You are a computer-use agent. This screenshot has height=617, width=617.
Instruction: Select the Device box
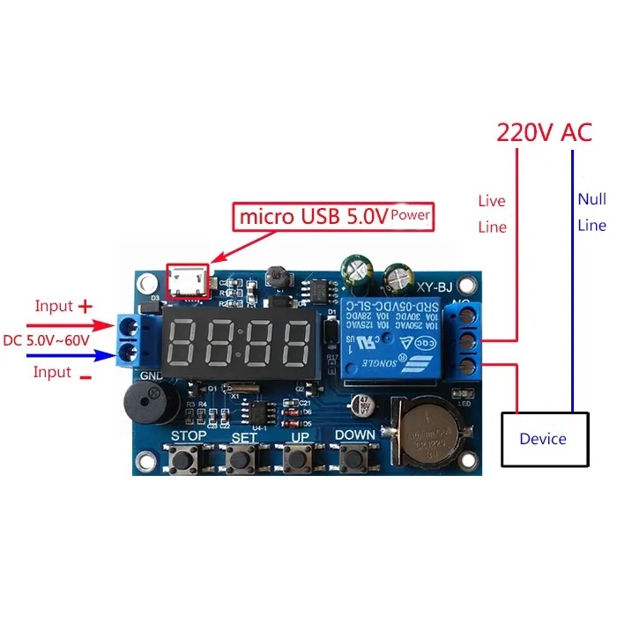pos(542,438)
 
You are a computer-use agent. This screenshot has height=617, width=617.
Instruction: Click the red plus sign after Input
pos(85,307)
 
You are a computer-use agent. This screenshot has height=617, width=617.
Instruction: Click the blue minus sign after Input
pos(85,374)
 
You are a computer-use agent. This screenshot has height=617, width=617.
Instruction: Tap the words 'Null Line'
pos(591,212)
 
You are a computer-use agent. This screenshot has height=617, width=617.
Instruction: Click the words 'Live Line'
pos(492,214)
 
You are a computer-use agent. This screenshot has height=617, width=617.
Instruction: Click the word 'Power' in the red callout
pos(411,214)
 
